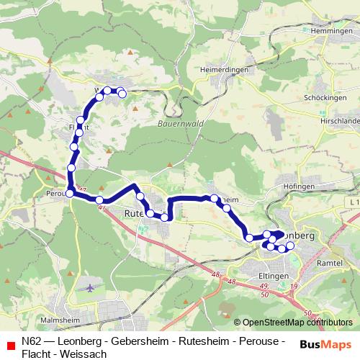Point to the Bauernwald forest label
(x=178, y=124)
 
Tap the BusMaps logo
(x=325, y=343)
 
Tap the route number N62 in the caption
(x=32, y=341)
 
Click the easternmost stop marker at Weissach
(x=122, y=93)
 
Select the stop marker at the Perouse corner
(x=70, y=192)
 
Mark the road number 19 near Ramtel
(x=294, y=287)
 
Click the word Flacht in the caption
(x=36, y=354)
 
